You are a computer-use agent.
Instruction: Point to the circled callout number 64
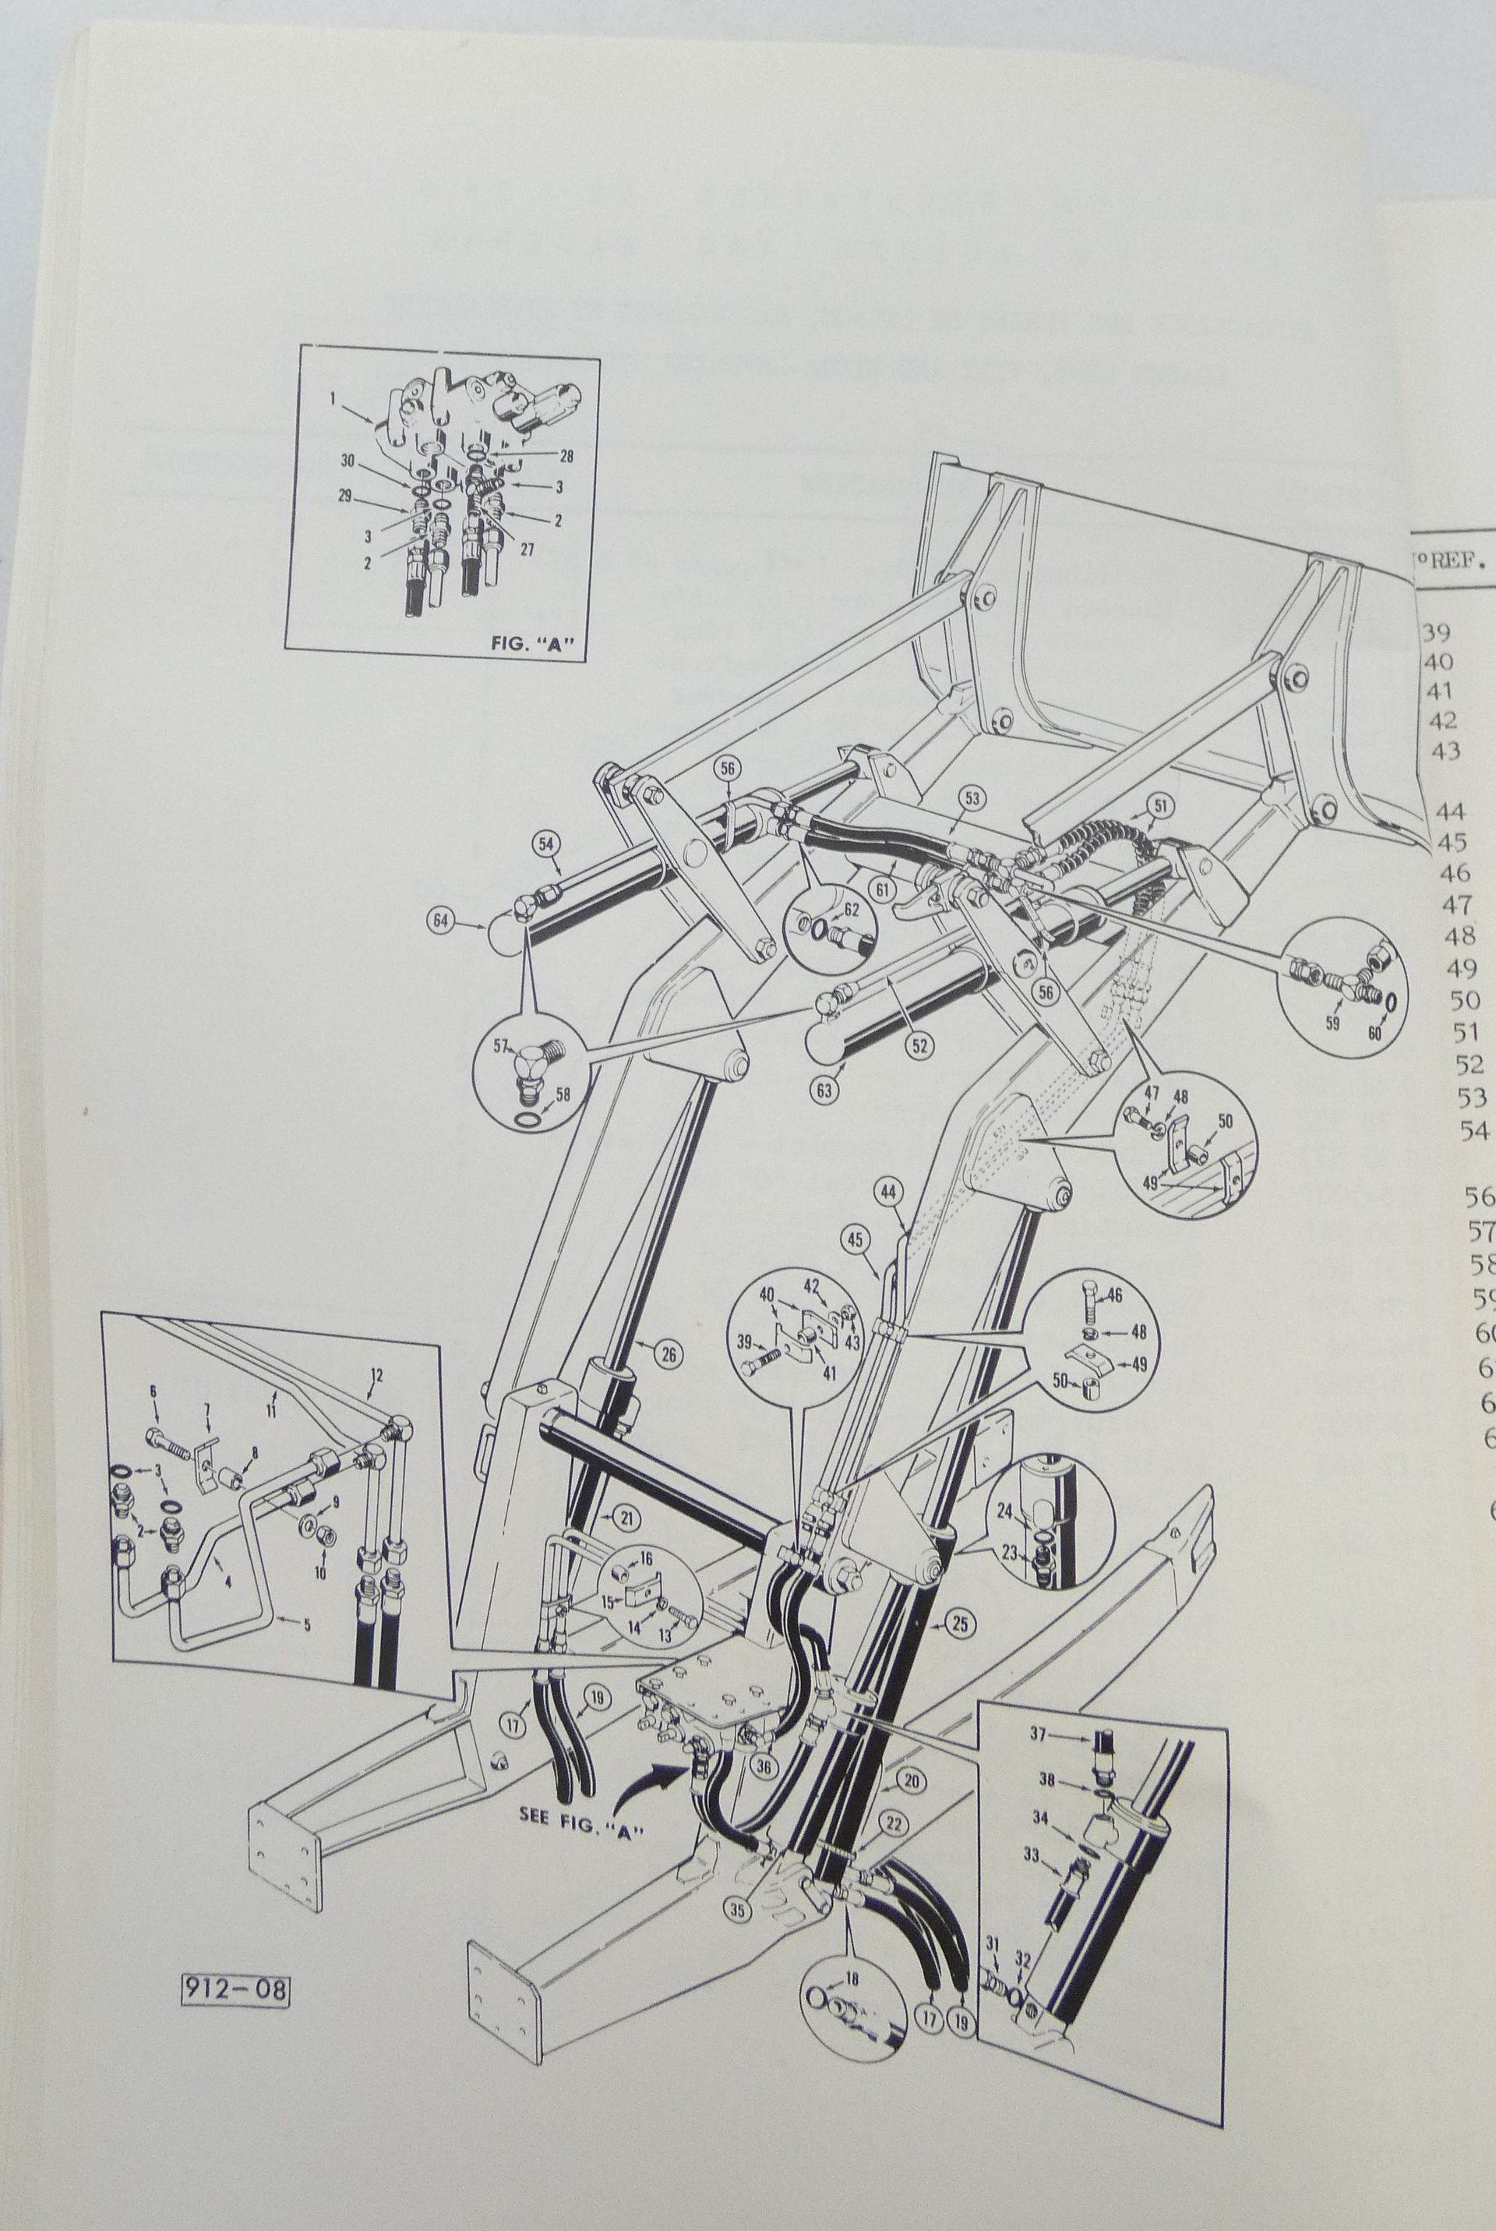[x=441, y=922]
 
